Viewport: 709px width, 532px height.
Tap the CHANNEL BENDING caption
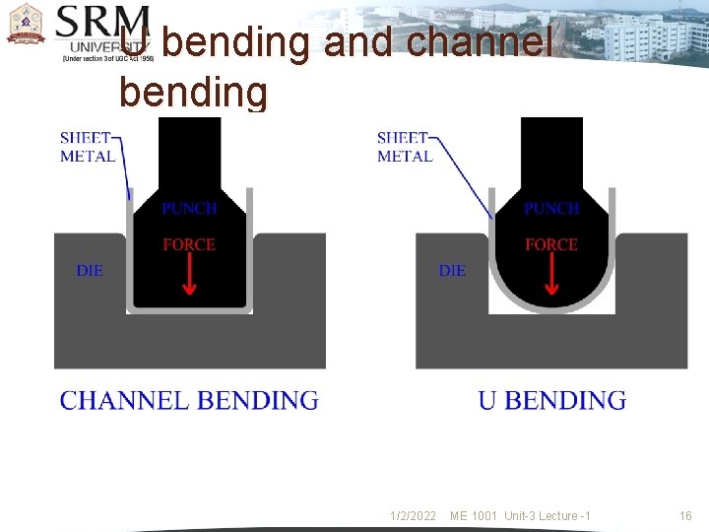click(x=189, y=400)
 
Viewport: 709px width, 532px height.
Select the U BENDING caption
click(x=551, y=400)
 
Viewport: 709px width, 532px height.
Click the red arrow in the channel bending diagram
click(x=190, y=277)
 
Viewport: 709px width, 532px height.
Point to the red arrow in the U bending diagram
click(x=551, y=277)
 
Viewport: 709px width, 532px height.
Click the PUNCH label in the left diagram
click(x=189, y=209)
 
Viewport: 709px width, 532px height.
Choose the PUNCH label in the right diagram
click(x=551, y=209)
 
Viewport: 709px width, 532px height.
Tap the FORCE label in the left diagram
click(x=189, y=244)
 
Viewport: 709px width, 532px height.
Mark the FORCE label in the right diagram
click(x=551, y=244)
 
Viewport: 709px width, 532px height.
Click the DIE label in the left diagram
click(x=90, y=270)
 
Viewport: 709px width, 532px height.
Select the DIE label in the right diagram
click(x=452, y=270)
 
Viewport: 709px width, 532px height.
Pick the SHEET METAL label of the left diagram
click(x=88, y=147)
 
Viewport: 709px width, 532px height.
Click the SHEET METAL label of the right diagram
click(x=405, y=147)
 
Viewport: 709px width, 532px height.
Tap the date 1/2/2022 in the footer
click(x=413, y=516)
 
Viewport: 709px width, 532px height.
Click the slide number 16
click(x=685, y=516)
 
